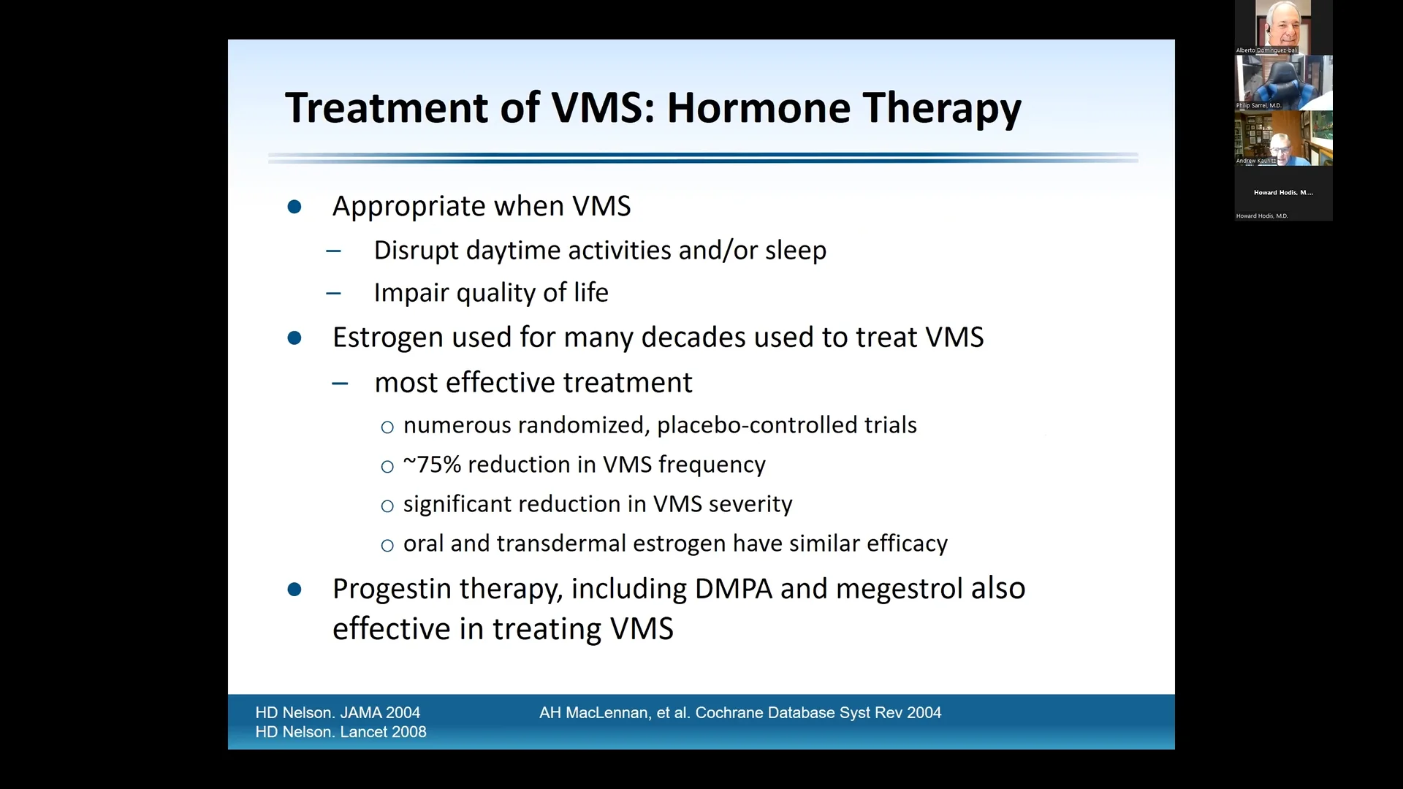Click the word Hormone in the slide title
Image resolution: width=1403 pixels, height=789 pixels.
click(x=758, y=108)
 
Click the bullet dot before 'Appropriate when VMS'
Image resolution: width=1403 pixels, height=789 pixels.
click(x=294, y=207)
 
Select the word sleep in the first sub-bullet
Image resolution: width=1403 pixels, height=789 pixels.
click(x=796, y=251)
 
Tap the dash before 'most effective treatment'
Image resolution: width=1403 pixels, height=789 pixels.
click(x=340, y=384)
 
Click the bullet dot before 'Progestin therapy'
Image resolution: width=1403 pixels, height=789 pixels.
click(x=294, y=590)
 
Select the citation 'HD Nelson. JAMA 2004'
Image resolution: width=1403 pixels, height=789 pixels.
click(x=338, y=712)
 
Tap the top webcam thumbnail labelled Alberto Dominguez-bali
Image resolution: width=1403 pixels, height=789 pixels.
click(x=1283, y=26)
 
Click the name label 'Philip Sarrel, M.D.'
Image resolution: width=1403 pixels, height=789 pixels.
click(x=1258, y=106)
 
